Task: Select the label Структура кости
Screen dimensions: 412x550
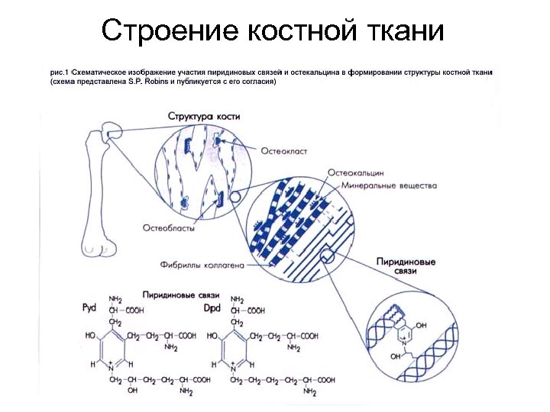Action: (204, 116)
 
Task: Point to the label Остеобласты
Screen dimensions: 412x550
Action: (168, 227)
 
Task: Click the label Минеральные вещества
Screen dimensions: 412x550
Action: (389, 185)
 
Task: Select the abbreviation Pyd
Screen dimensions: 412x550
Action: (90, 308)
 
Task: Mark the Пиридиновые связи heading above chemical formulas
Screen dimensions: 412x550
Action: (181, 294)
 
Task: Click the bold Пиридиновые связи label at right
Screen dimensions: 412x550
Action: (406, 266)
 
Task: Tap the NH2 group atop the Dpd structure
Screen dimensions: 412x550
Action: (237, 300)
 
